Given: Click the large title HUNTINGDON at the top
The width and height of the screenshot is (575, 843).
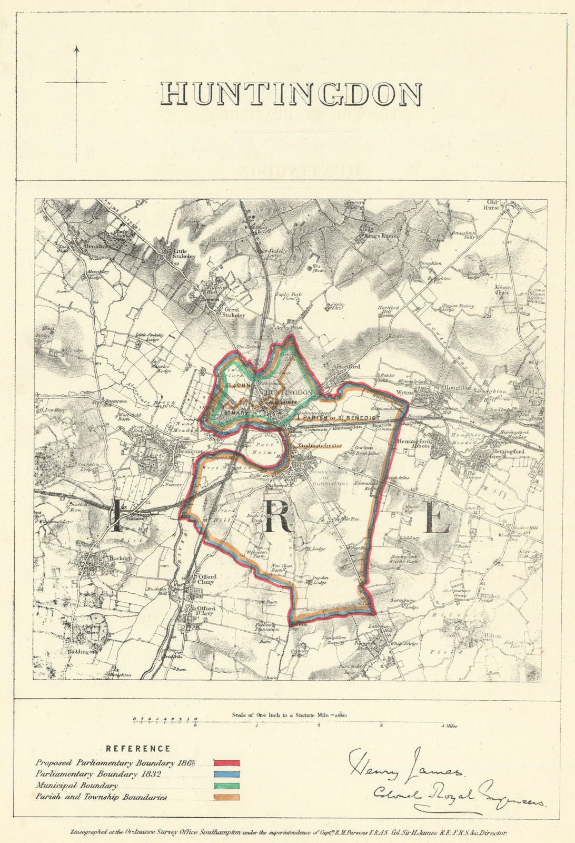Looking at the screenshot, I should (x=291, y=94).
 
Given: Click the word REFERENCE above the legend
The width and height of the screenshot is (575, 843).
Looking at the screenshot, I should (x=138, y=748).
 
